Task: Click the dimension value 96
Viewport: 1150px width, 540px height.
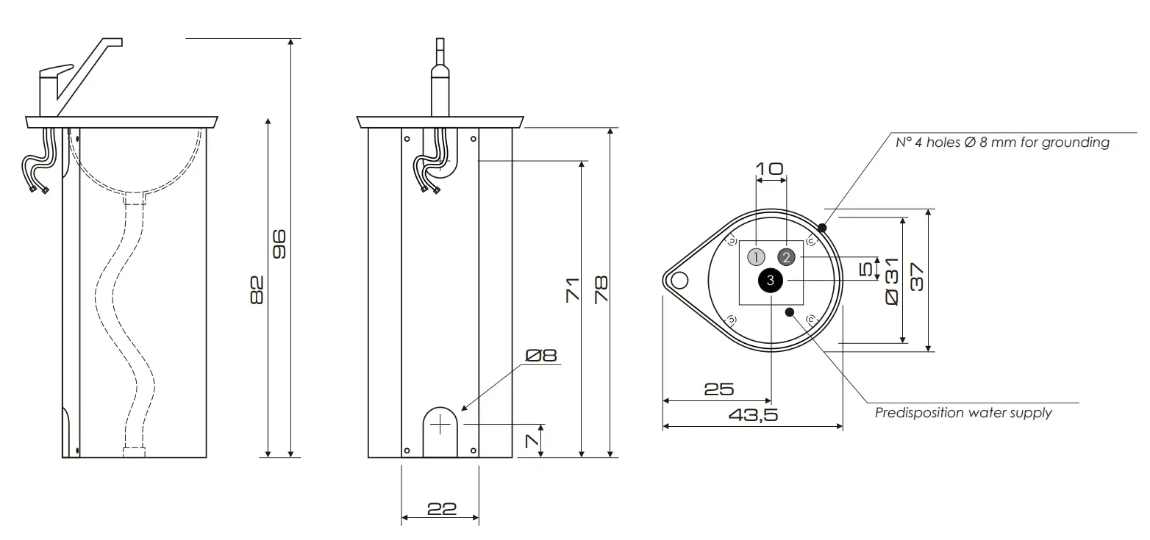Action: pos(279,244)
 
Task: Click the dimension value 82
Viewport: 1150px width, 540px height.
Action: pos(256,289)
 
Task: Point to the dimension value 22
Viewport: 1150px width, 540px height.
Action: pos(441,508)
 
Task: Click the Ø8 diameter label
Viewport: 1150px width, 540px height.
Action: pos(541,356)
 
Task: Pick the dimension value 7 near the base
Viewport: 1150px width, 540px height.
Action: pos(532,441)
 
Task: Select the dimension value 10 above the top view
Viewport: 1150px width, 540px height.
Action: pos(770,169)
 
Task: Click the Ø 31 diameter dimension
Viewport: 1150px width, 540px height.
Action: pos(891,281)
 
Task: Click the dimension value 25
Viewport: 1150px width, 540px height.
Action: pos(718,389)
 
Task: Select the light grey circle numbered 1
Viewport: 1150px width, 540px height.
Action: pos(756,257)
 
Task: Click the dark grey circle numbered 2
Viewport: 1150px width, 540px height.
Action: pos(786,257)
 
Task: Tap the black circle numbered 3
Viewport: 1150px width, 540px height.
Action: pos(770,280)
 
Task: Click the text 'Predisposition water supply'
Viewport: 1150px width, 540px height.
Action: pos(963,413)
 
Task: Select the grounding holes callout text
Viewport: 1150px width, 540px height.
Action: pos(1001,143)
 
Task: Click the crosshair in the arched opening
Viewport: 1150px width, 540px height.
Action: pos(441,424)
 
